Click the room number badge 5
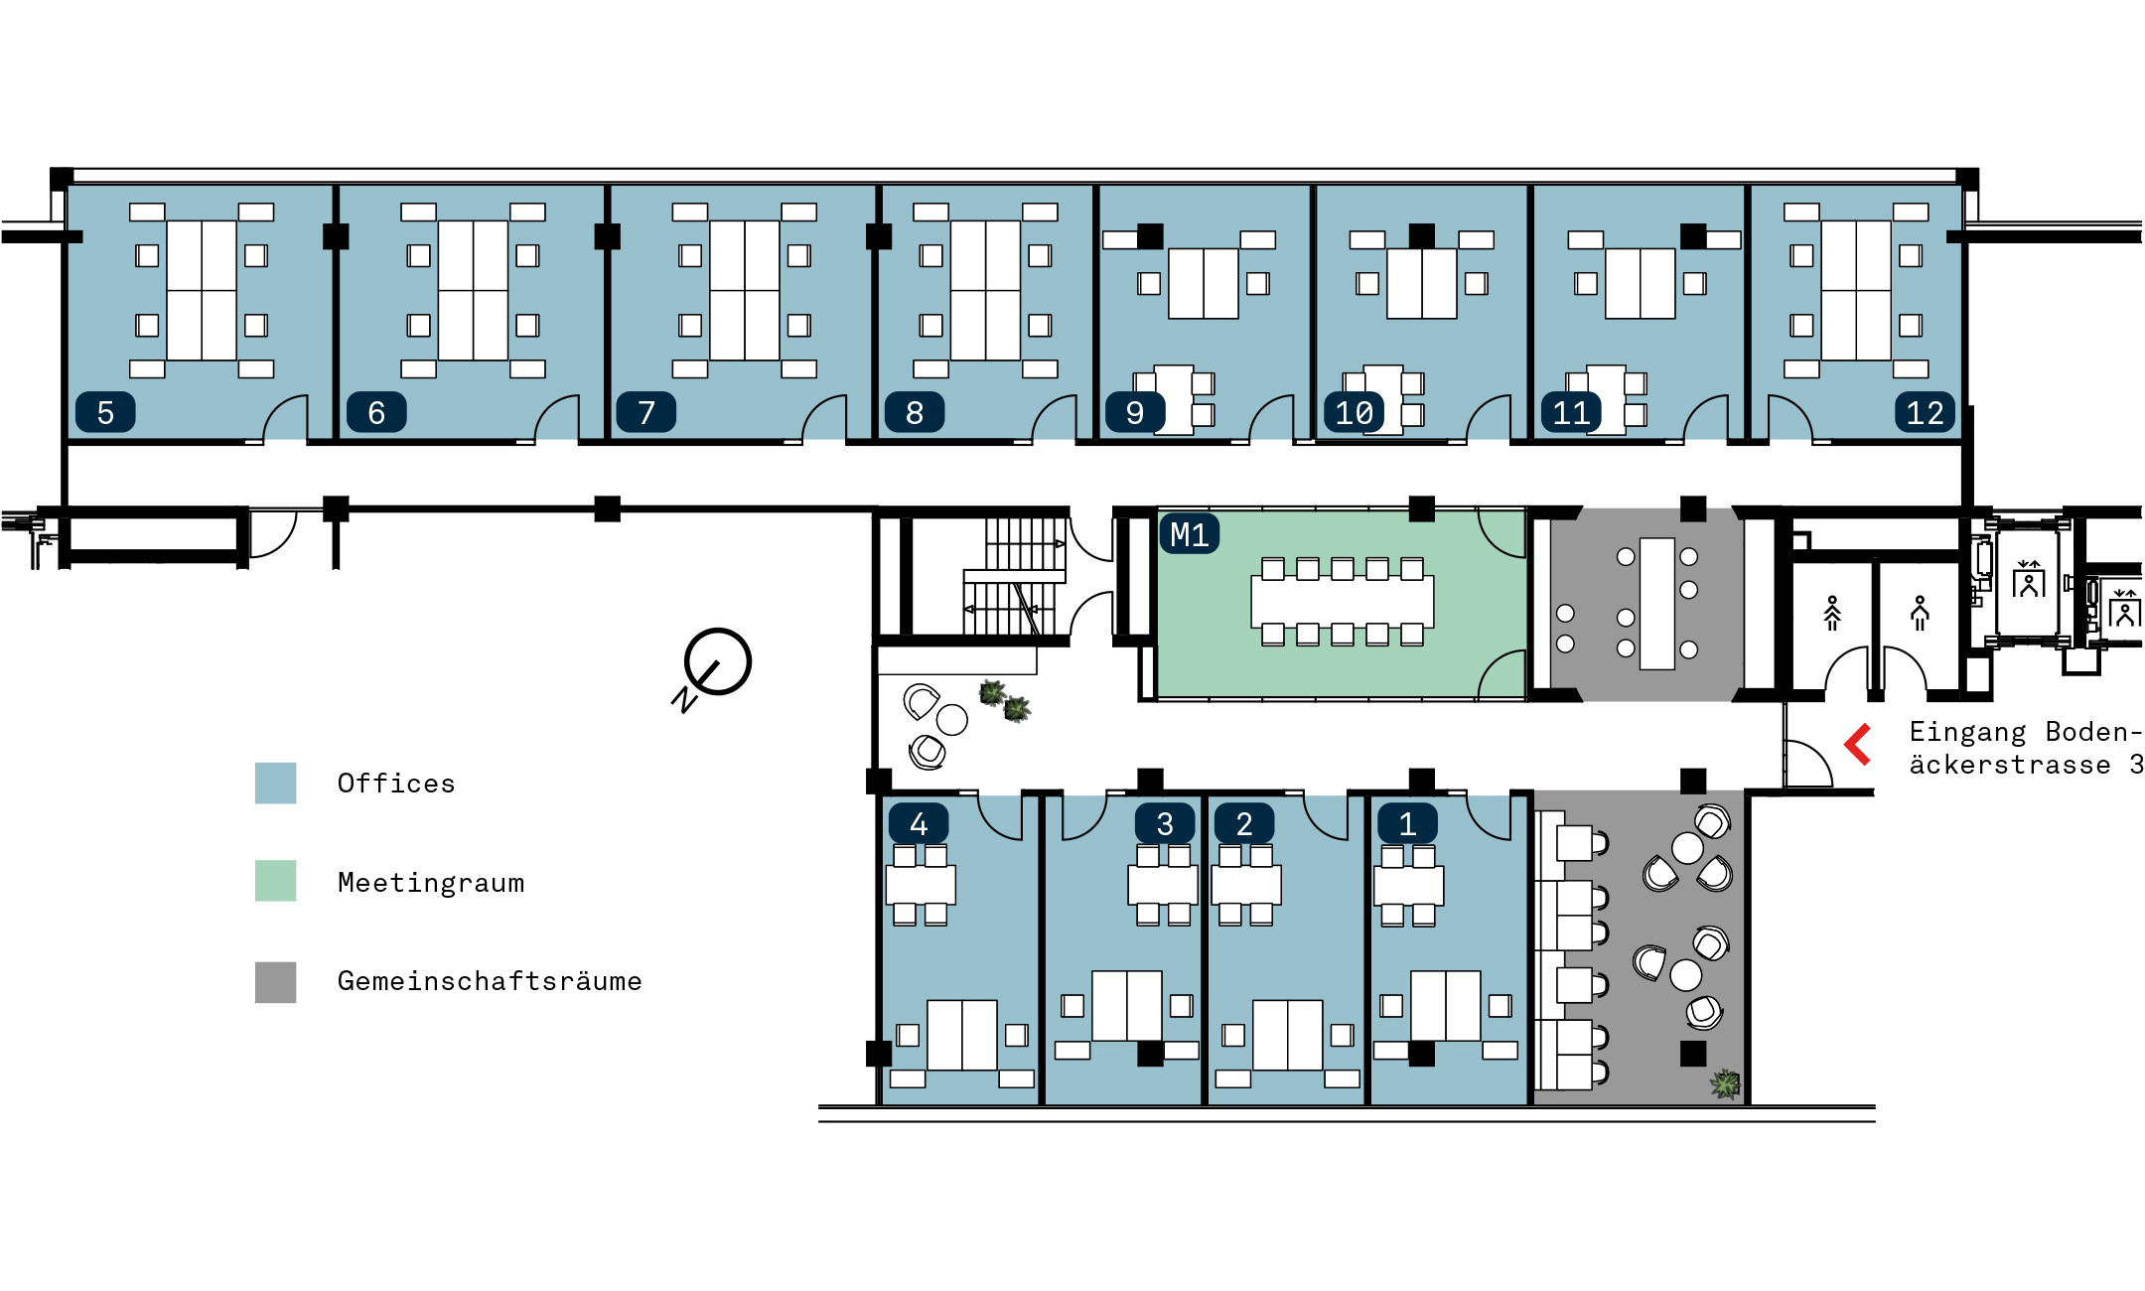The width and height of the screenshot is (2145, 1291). [105, 412]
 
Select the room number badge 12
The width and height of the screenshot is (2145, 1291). [1926, 412]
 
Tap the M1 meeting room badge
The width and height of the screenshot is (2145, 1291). [1190, 534]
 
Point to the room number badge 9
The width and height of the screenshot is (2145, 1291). [1135, 412]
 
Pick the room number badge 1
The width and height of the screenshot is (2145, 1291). [1407, 823]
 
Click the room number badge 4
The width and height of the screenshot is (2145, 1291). [919, 823]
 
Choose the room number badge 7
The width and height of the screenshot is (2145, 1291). [646, 412]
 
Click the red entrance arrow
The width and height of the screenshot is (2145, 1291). [1857, 745]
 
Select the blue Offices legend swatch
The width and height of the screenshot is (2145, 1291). [275, 783]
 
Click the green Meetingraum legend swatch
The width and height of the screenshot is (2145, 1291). [275, 881]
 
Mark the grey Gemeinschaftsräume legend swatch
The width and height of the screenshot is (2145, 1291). [275, 982]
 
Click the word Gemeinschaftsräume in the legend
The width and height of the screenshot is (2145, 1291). [490, 981]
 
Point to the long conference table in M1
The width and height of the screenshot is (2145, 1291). [1343, 602]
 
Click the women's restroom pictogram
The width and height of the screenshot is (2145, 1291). [1832, 613]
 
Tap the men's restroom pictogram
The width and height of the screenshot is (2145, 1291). [1920, 613]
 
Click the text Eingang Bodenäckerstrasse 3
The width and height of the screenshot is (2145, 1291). [2026, 748]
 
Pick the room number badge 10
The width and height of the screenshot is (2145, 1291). [1355, 412]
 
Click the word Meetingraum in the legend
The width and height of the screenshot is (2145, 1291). [431, 882]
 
